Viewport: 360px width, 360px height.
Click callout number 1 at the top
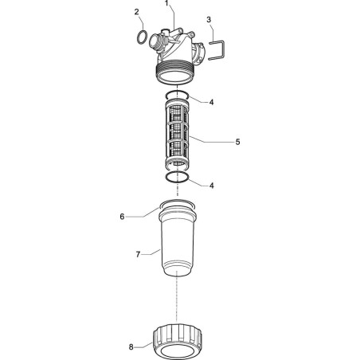(166, 3)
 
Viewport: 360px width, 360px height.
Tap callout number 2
(136, 12)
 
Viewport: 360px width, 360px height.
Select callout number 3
(209, 19)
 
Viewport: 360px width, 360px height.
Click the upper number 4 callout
(211, 102)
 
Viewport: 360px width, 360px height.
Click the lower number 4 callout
(211, 186)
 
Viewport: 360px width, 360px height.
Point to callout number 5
(237, 142)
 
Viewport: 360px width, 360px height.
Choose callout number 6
(122, 217)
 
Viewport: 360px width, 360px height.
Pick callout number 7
(138, 255)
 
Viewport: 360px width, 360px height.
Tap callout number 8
(131, 347)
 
